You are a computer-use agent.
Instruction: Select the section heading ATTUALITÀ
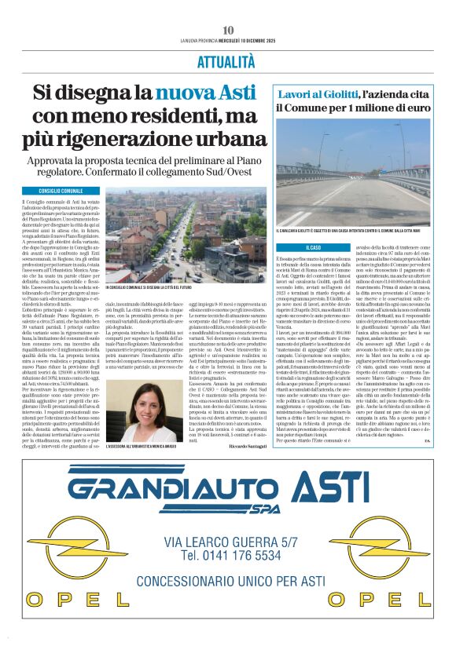[x=228, y=62]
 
